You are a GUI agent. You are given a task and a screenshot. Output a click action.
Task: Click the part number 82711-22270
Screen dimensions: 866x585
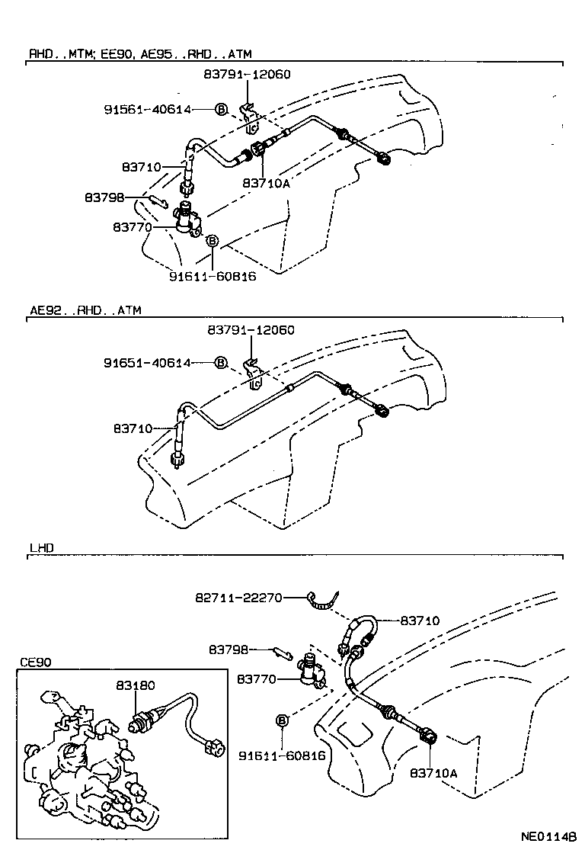pos(238,598)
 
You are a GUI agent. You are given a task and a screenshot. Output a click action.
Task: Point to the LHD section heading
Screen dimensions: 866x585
pos(42,547)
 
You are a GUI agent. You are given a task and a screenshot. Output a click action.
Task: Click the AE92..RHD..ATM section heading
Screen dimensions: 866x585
pos(85,310)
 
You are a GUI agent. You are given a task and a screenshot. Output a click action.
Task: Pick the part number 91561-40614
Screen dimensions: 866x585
pos(148,110)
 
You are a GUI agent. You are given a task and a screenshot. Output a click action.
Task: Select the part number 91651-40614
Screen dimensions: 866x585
pos(148,363)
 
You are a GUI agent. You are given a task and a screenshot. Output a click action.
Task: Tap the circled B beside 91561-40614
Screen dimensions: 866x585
pos(221,110)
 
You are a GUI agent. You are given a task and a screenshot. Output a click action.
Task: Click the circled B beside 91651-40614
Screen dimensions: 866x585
pos(221,363)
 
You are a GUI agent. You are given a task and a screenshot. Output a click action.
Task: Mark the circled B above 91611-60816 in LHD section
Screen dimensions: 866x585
pos(282,720)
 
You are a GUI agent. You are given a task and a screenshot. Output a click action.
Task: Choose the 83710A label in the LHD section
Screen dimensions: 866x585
pos(433,772)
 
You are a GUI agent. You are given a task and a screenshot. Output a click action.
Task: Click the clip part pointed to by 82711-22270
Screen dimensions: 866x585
pos(323,603)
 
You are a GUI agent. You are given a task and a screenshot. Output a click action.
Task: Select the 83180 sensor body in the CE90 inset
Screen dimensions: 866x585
pos(142,719)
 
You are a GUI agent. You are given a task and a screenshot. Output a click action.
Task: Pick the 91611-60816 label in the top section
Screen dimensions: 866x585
pos(213,276)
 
